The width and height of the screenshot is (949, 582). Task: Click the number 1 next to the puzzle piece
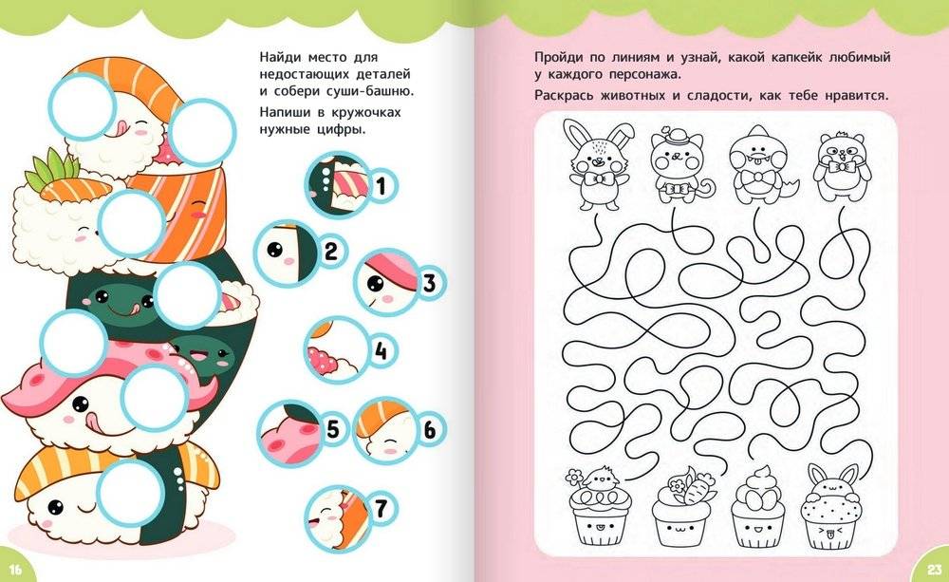click(x=381, y=185)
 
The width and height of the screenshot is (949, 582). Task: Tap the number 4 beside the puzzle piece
click(x=381, y=350)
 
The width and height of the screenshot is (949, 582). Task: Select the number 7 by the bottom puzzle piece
click(x=381, y=508)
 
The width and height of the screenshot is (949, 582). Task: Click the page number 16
click(x=15, y=570)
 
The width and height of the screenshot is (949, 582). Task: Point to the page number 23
click(x=934, y=570)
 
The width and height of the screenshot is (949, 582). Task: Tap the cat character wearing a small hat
click(x=677, y=165)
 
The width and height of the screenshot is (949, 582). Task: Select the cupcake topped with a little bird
click(x=598, y=506)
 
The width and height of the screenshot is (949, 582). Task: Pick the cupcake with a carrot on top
click(x=679, y=506)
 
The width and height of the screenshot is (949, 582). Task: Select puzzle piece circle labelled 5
click(x=289, y=432)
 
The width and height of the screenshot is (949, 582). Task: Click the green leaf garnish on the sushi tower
click(x=52, y=166)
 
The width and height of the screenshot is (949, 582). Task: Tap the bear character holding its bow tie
click(x=840, y=166)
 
